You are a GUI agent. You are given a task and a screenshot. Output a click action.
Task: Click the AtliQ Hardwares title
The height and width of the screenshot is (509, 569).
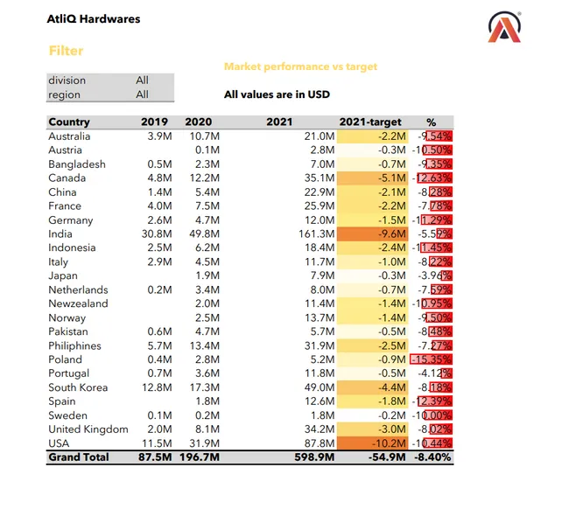[x=93, y=18]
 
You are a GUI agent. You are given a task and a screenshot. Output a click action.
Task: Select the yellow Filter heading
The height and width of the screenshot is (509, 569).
[x=66, y=52]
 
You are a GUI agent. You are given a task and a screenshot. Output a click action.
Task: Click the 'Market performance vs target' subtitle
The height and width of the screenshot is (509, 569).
[x=300, y=66]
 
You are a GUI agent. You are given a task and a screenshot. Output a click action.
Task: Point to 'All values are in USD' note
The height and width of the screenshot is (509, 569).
[x=277, y=94]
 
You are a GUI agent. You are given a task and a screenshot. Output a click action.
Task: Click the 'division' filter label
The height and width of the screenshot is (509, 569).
[x=67, y=80]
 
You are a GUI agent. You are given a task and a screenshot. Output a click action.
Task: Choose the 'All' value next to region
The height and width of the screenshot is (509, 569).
[x=142, y=94]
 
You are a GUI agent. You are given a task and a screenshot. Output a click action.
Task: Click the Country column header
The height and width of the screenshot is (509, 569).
[x=69, y=122]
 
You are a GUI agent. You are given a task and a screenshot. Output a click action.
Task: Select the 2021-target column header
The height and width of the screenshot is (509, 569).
[x=369, y=122]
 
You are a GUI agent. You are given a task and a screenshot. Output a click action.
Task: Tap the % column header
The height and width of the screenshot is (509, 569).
[x=431, y=122]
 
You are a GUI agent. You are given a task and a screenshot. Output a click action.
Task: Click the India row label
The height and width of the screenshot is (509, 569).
[x=60, y=234]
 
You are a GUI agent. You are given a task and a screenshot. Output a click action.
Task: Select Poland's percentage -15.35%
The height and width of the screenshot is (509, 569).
[x=432, y=359]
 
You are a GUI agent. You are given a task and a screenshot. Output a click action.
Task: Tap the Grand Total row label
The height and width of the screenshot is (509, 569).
[x=79, y=457]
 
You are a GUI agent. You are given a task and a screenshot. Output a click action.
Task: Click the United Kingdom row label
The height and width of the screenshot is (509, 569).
[x=88, y=429]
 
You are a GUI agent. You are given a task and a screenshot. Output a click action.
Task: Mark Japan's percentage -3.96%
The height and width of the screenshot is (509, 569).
[x=433, y=275]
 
